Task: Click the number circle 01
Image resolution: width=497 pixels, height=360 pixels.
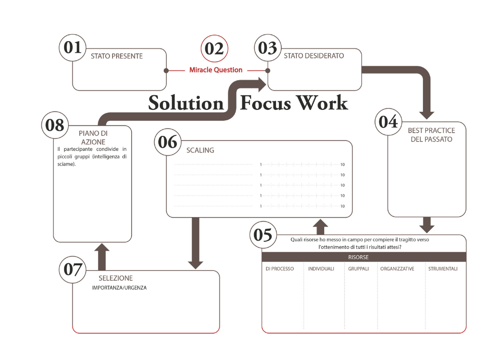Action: coord(73,48)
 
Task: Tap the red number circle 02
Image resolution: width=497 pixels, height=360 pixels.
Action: coord(214,49)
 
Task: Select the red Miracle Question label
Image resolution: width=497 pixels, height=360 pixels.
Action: coord(216,70)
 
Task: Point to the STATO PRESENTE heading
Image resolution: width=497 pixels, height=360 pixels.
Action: coord(117,56)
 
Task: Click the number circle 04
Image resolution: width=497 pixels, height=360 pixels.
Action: coord(388,122)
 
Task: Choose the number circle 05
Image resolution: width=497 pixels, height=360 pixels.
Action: coord(263,235)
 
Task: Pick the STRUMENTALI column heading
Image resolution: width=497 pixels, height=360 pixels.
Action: coord(443,269)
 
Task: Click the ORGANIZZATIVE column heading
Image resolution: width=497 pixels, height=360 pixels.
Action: coord(397,269)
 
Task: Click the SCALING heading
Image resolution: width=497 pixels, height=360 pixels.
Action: coord(200,150)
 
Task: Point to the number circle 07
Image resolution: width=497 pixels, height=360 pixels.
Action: coord(73,270)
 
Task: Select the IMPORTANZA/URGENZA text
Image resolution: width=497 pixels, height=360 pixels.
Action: coord(119,288)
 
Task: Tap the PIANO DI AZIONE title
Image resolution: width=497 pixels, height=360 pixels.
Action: coord(93,137)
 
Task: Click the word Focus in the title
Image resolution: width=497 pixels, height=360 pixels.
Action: coord(263,103)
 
